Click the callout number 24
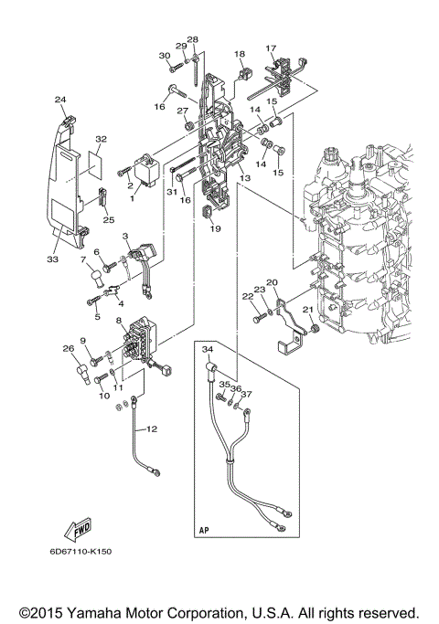click(60, 99)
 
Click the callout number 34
click(207, 349)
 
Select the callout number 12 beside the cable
click(152, 428)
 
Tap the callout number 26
click(67, 348)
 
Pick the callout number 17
click(271, 48)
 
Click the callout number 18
click(240, 55)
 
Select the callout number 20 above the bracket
click(272, 282)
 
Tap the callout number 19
click(216, 229)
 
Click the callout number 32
click(101, 139)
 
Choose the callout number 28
click(193, 40)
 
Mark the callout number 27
click(182, 111)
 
